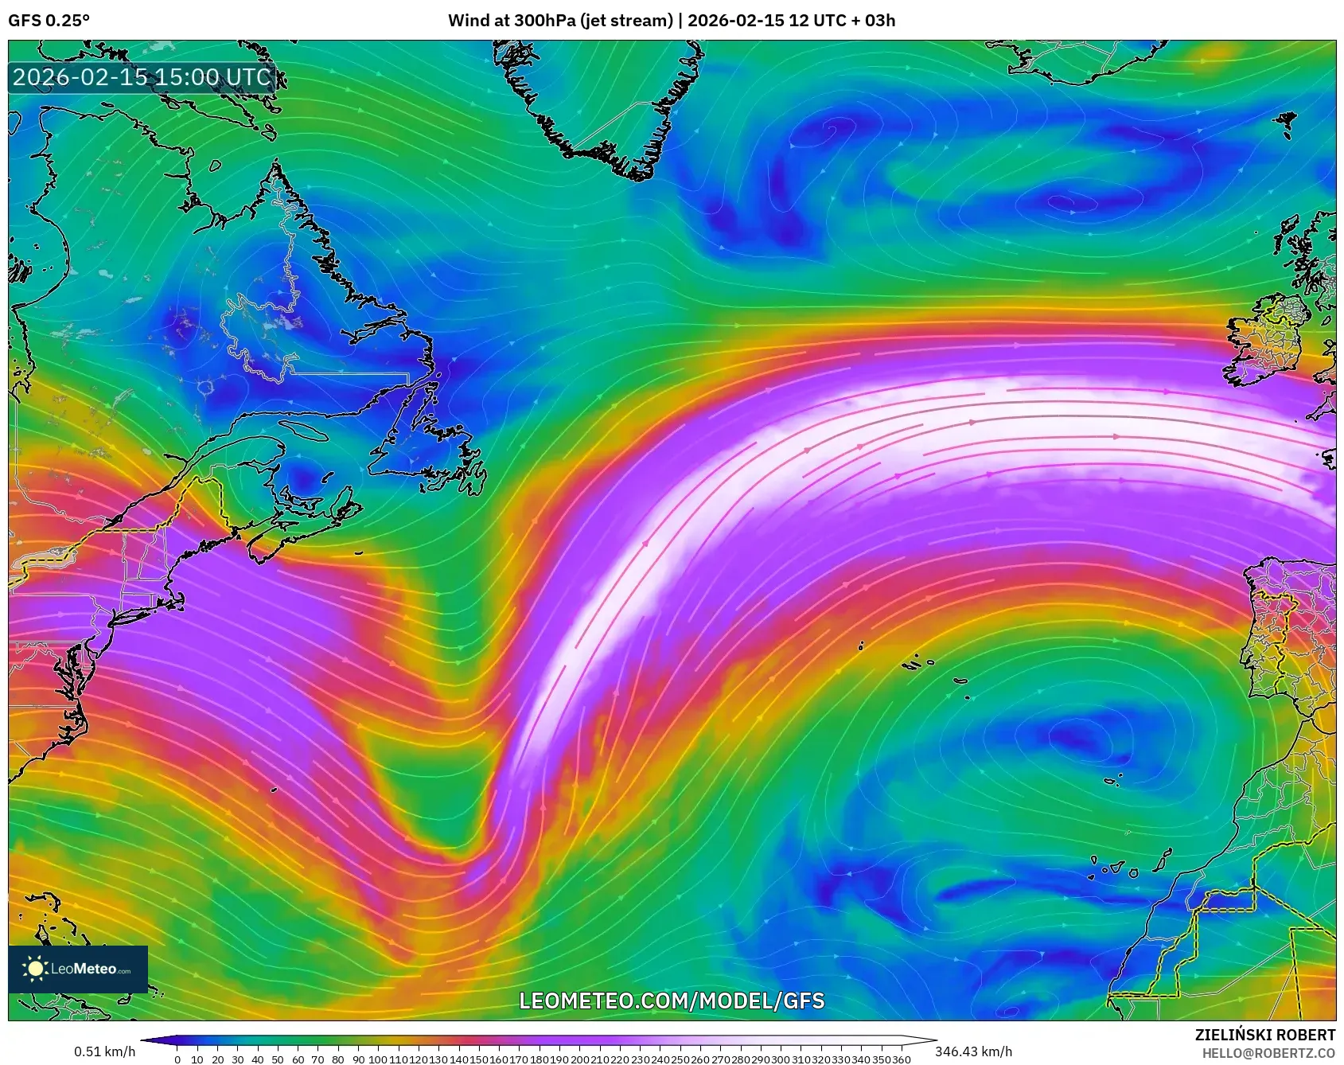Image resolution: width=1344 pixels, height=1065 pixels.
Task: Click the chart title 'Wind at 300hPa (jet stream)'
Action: click(560, 21)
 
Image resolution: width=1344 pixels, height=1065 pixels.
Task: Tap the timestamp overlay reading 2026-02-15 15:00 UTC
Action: click(142, 77)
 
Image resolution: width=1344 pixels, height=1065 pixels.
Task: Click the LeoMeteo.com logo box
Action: click(78, 969)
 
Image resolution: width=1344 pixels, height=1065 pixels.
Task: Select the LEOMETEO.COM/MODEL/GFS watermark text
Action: click(672, 1001)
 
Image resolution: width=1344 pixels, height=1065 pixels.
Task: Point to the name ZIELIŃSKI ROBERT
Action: click(1264, 1035)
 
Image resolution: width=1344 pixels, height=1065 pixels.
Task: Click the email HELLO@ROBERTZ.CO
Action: click(1268, 1053)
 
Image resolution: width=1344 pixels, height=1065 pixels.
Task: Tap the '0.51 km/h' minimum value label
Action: click(104, 1051)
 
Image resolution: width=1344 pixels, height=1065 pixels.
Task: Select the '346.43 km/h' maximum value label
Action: click(973, 1051)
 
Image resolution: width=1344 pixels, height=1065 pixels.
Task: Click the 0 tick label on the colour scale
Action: click(177, 1059)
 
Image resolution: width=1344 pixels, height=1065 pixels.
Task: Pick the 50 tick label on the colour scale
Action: click(278, 1059)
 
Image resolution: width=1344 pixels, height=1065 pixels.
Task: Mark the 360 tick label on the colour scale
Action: click(902, 1059)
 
